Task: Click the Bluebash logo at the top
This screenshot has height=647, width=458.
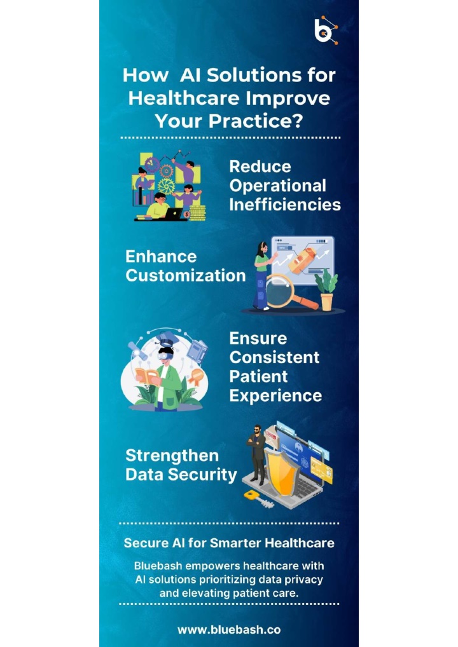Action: [x=326, y=30]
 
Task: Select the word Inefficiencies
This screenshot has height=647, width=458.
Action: [x=285, y=205]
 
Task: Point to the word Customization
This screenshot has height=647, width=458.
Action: [x=186, y=276]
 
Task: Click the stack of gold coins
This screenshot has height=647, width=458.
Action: [x=197, y=212]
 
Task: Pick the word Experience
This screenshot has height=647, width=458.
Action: [x=275, y=396]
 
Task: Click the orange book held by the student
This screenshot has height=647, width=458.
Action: [x=146, y=377]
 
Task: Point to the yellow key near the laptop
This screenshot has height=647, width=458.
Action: [x=258, y=499]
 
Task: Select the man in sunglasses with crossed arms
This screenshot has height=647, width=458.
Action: [x=257, y=454]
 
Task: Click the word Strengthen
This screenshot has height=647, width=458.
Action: [x=172, y=456]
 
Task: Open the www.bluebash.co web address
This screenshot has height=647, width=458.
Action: [x=229, y=630]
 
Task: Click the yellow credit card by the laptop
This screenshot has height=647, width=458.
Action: [x=321, y=470]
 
